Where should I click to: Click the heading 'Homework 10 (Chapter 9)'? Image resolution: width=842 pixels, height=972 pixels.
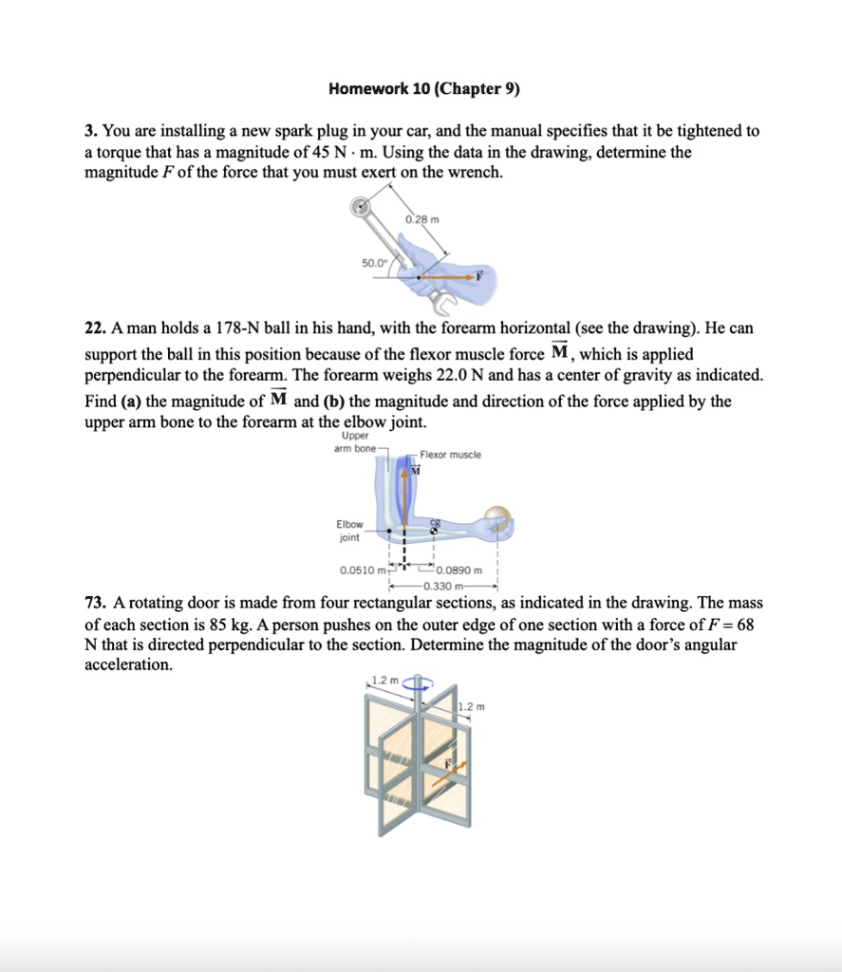[x=424, y=89]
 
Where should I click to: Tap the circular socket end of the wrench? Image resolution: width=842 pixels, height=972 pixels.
[x=360, y=208]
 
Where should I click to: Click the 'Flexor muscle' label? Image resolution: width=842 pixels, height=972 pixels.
[x=450, y=455]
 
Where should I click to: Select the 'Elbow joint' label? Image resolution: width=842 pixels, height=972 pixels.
[x=349, y=530]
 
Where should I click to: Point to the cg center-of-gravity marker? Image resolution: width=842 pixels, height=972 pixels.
[x=435, y=528]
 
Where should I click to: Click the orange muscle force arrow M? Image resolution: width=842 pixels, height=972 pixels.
[x=404, y=494]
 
